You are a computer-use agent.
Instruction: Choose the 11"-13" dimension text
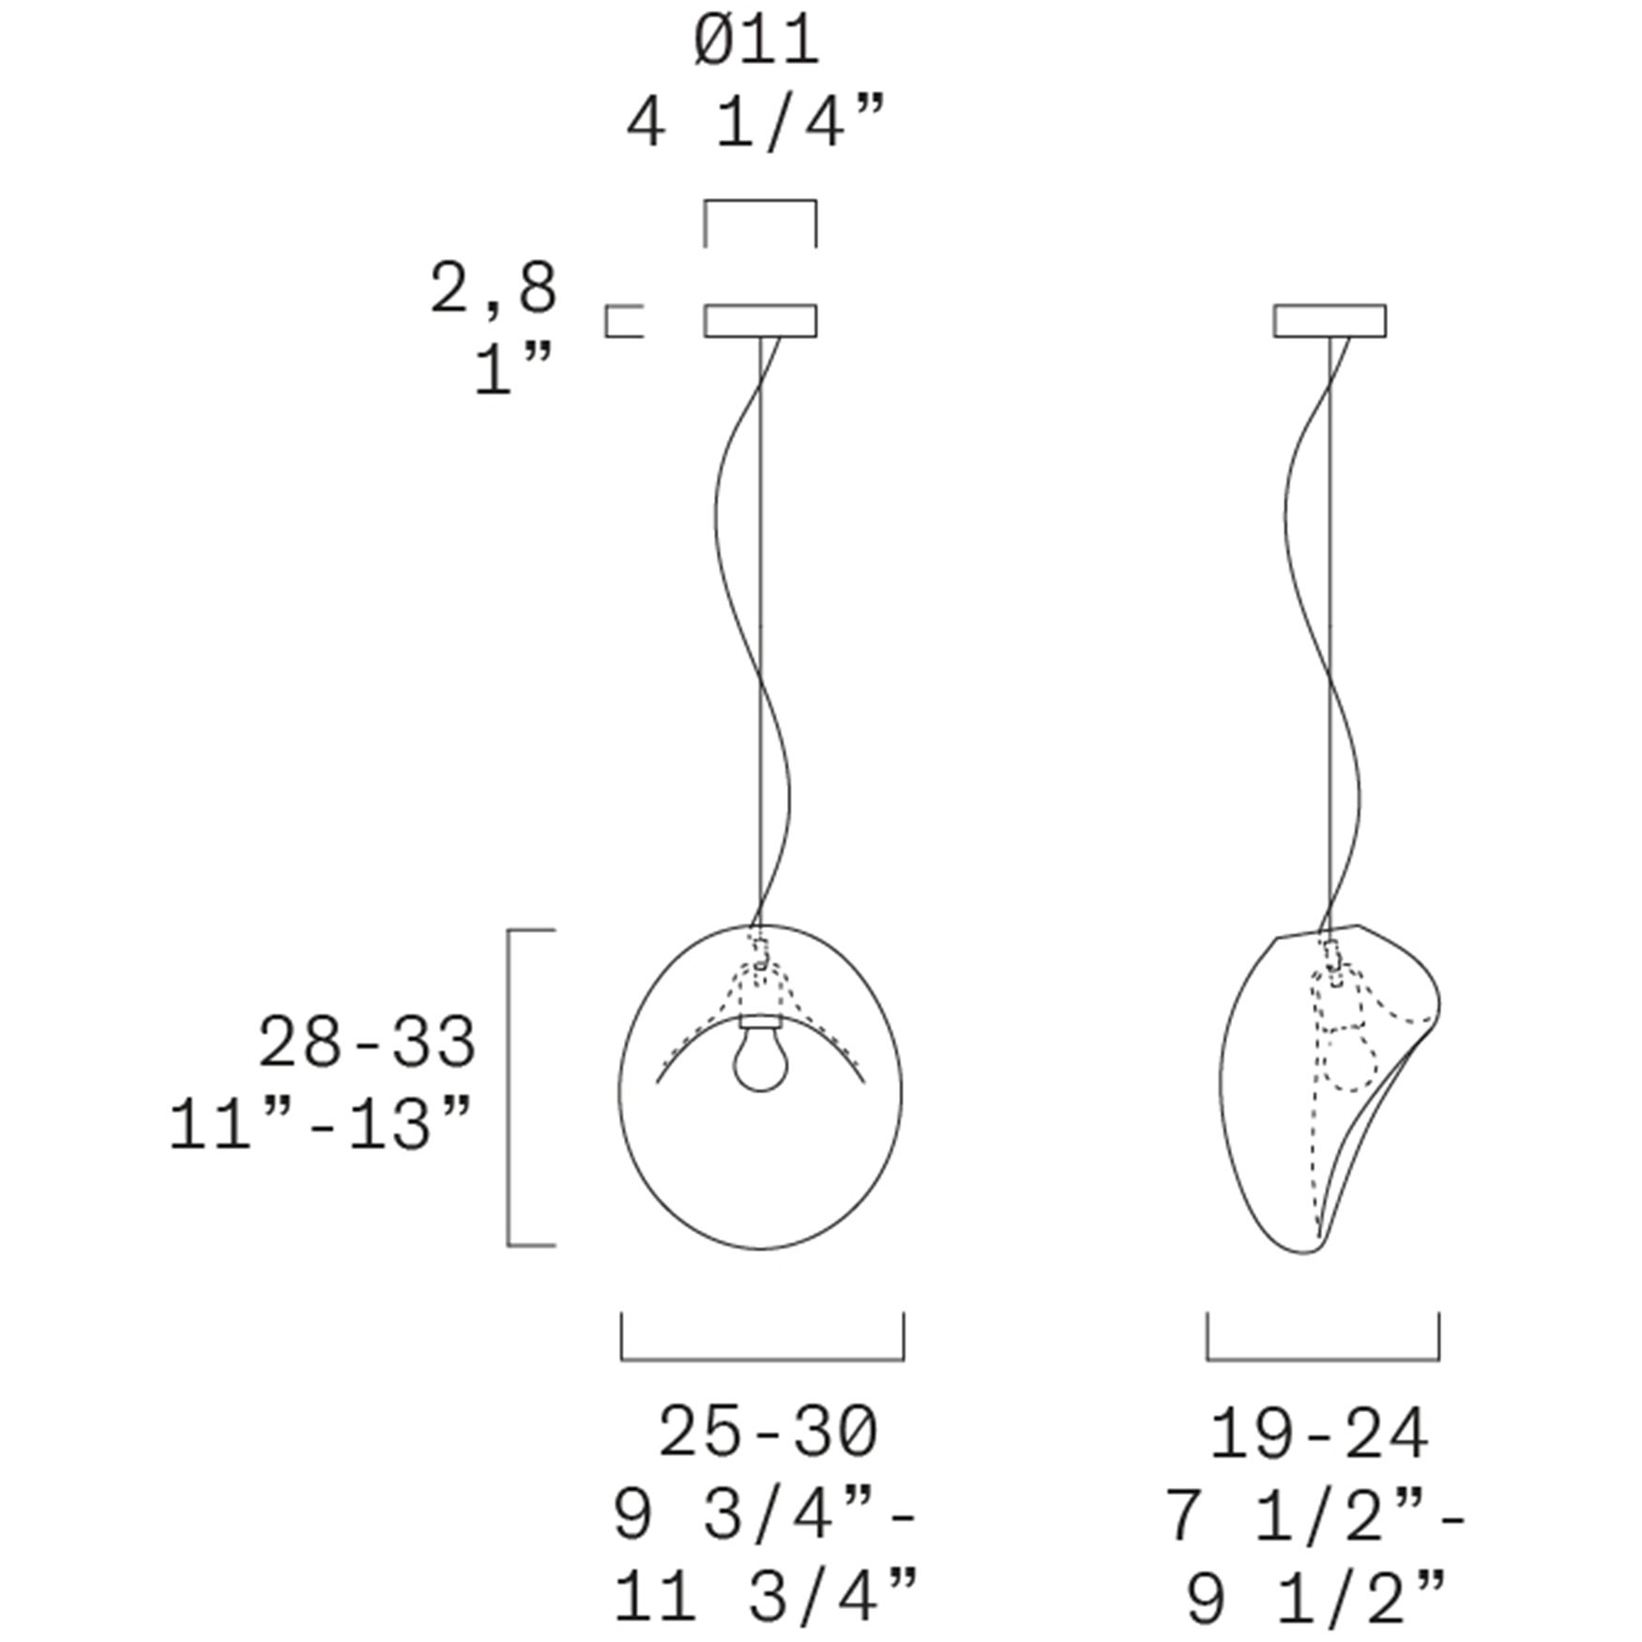click(x=320, y=1124)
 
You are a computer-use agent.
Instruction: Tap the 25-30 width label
click(x=768, y=1432)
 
